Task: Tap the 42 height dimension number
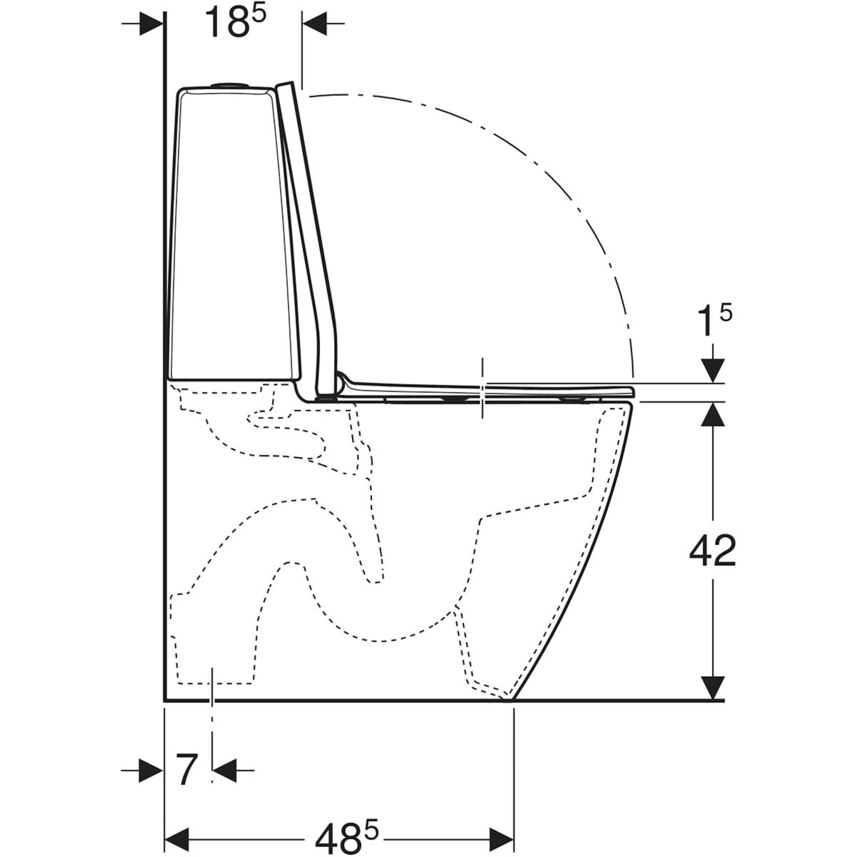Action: (712, 551)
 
